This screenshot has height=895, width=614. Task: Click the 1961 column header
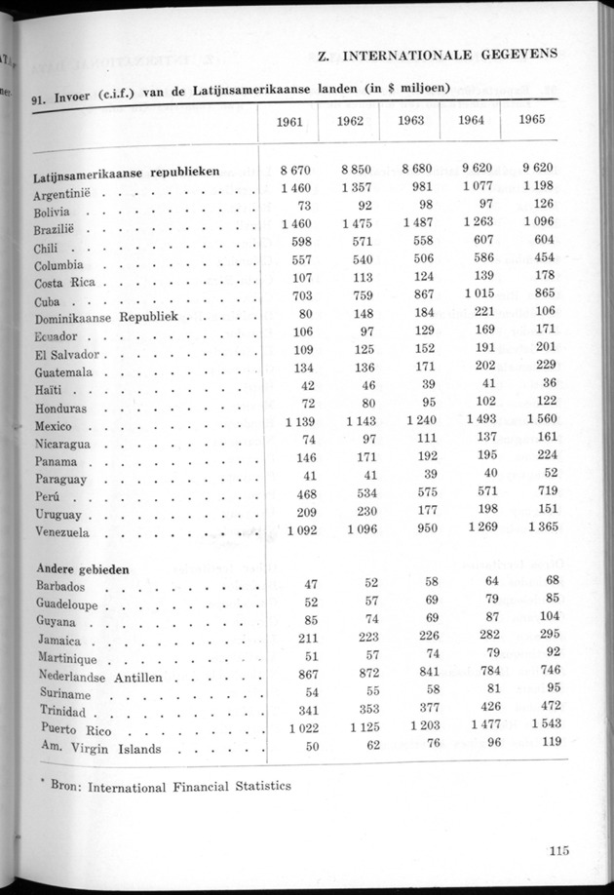pos(289,123)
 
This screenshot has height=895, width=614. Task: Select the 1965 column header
pos(532,121)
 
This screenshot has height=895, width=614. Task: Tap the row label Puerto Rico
pos(73,729)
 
